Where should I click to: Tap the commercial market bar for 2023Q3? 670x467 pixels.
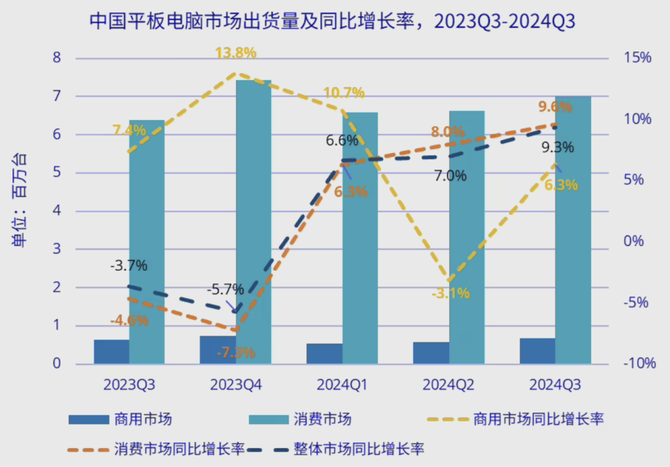point(112,351)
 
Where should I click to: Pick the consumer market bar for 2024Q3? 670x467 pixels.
point(573,230)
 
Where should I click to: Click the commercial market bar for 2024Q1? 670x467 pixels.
point(324,353)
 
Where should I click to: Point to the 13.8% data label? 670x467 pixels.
point(236,53)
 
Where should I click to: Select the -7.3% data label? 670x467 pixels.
point(236,353)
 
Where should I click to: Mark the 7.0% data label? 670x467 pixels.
point(450,176)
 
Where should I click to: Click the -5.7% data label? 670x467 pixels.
point(226,289)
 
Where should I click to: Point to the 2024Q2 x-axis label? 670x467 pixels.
point(449,385)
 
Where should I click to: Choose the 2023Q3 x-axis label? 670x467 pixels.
point(129,385)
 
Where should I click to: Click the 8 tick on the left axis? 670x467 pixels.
point(57,58)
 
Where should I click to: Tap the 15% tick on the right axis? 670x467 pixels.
point(636,58)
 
